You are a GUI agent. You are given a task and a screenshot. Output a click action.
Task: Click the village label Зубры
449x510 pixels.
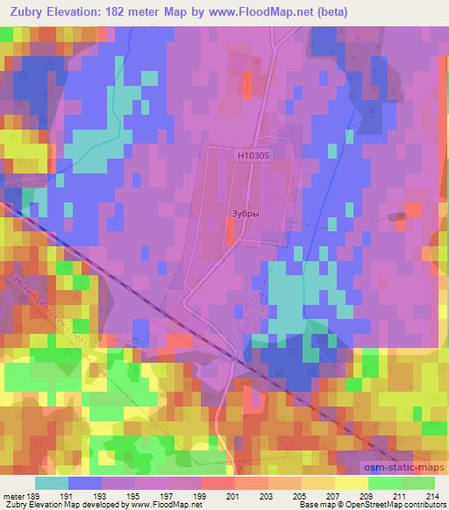pyautogui.click(x=245, y=211)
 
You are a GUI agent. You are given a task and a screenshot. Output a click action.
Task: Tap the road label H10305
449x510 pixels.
pyautogui.click(x=252, y=154)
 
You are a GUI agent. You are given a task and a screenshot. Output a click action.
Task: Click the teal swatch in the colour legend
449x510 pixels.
pyautogui.click(x=52, y=483)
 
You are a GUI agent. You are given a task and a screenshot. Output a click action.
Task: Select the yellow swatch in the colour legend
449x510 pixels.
pyautogui.click(x=352, y=483)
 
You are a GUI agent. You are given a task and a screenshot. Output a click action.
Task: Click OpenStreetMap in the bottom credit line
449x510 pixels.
pyautogui.click(x=387, y=506)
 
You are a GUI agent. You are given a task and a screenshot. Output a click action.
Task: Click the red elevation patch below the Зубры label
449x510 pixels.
pyautogui.click(x=230, y=232)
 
